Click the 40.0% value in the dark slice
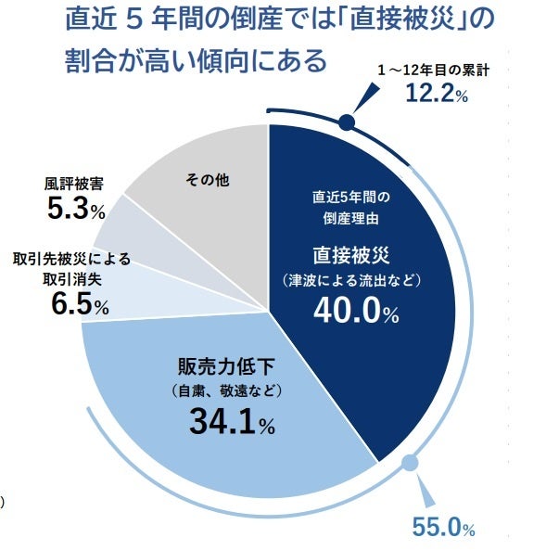point(356,312)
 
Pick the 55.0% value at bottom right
point(443,529)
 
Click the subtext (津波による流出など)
point(356,280)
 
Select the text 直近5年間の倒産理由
point(356,208)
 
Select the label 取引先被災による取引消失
point(72,268)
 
